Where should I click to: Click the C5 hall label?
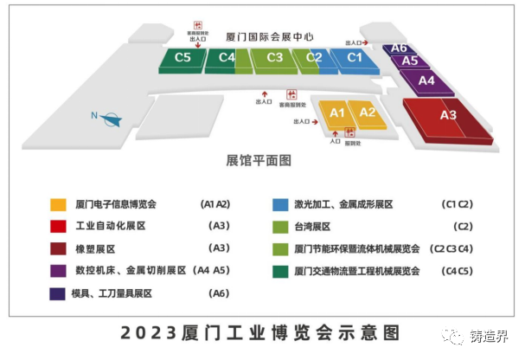click(x=183, y=58)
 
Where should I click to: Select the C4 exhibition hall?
click(x=227, y=58)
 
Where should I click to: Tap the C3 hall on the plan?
click(x=275, y=58)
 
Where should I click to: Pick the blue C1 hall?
click(x=354, y=58)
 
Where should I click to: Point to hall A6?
click(x=399, y=48)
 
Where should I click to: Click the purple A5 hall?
click(x=410, y=61)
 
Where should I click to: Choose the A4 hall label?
click(x=426, y=80)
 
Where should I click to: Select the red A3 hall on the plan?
click(x=447, y=115)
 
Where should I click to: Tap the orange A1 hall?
click(x=337, y=112)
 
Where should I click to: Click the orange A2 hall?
click(x=367, y=112)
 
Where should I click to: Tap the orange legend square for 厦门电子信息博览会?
click(x=58, y=205)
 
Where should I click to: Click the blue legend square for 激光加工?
click(x=279, y=205)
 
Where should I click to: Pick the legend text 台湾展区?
click(x=313, y=227)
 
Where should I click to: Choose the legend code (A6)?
click(x=220, y=293)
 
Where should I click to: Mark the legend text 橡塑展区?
click(x=96, y=248)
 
